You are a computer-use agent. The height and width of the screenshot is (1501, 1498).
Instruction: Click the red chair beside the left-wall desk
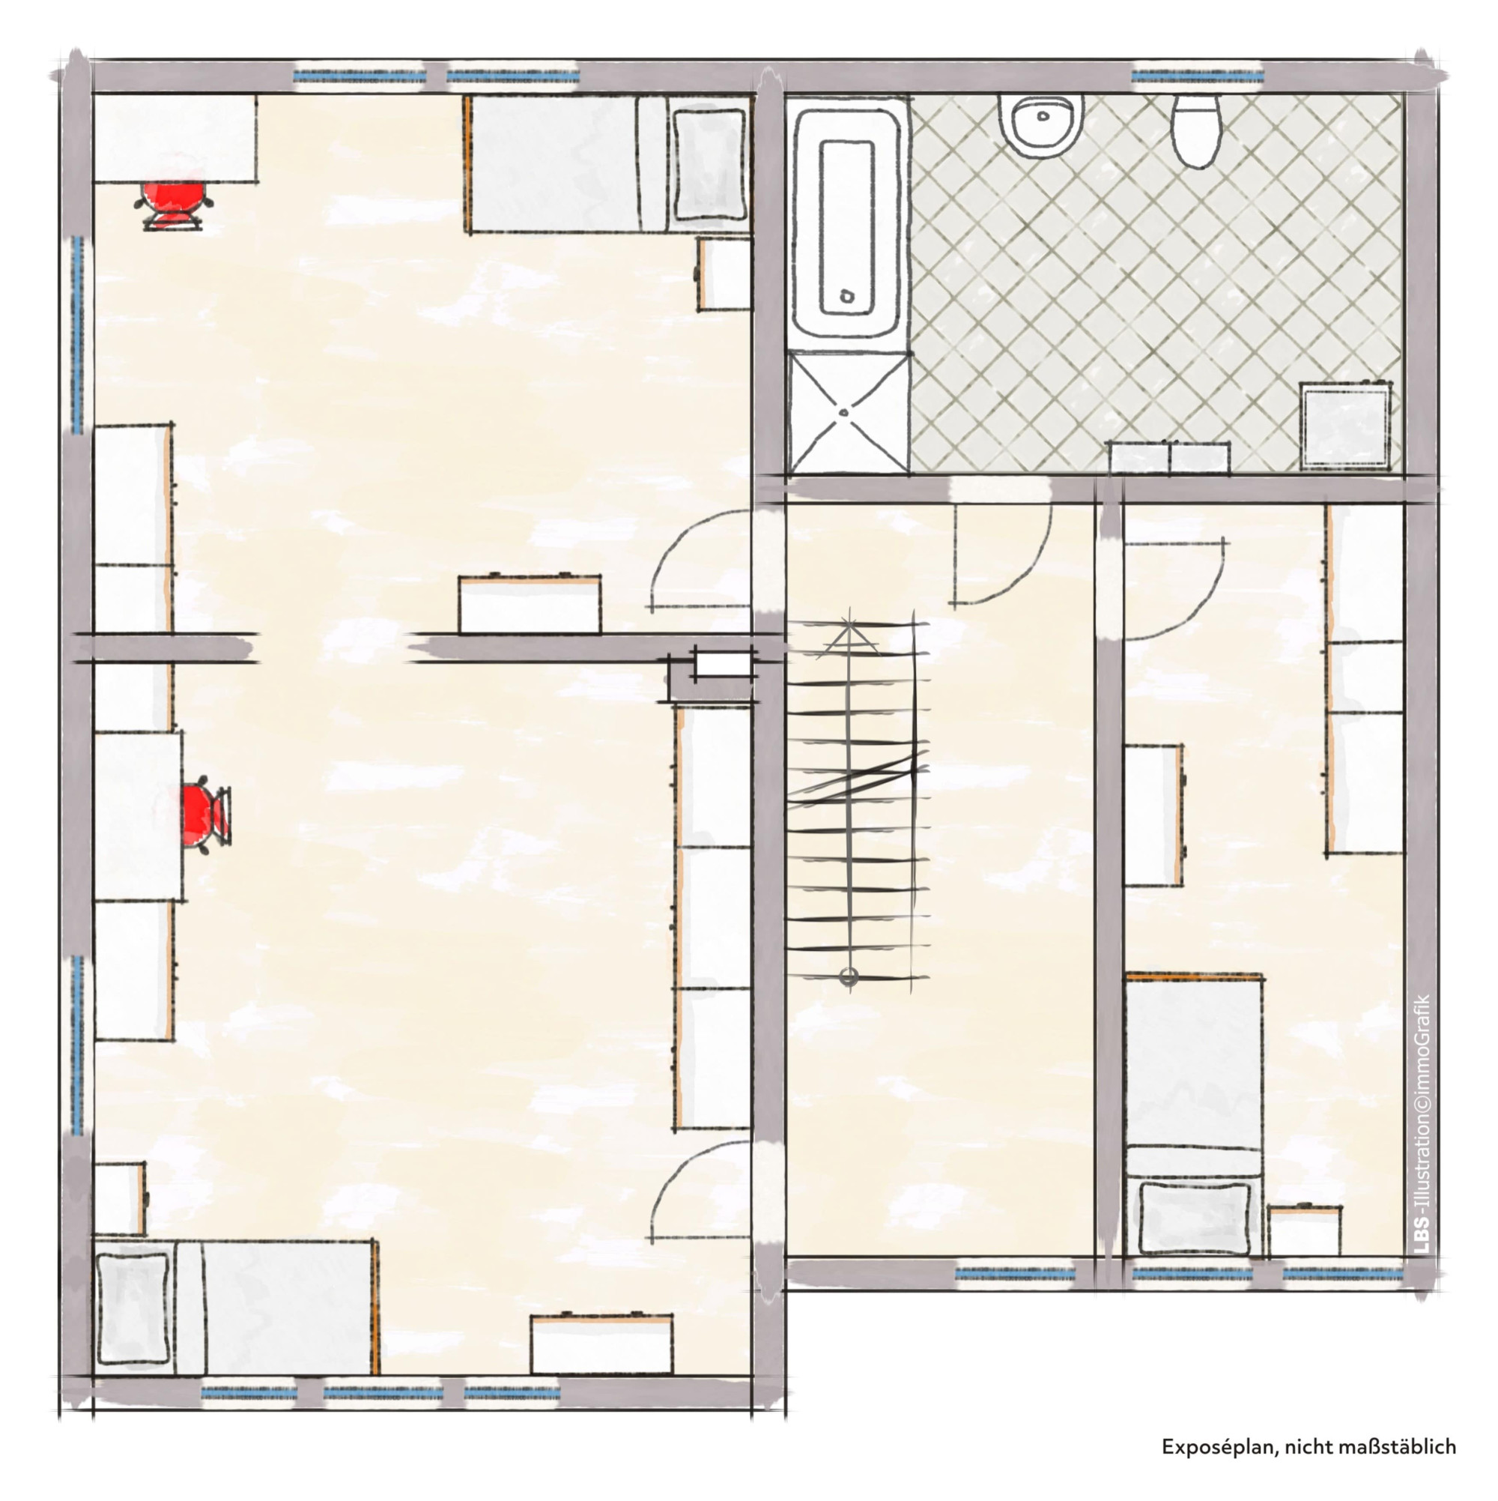pos(206,812)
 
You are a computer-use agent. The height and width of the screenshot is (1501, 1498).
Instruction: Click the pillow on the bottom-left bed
pos(133,1308)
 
